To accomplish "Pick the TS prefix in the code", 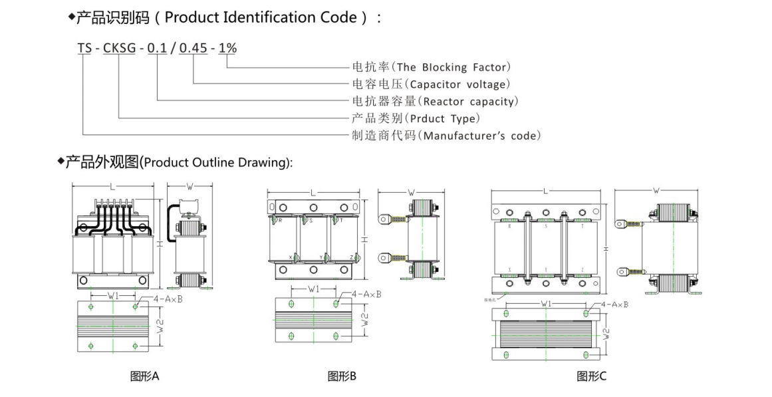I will pos(84,48).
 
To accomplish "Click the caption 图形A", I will pos(144,377).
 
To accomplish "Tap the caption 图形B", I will pos(342,377).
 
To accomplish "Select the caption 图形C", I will pos(591,377).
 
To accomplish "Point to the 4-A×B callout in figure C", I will pos(614,305).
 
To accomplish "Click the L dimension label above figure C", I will pos(545,192).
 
